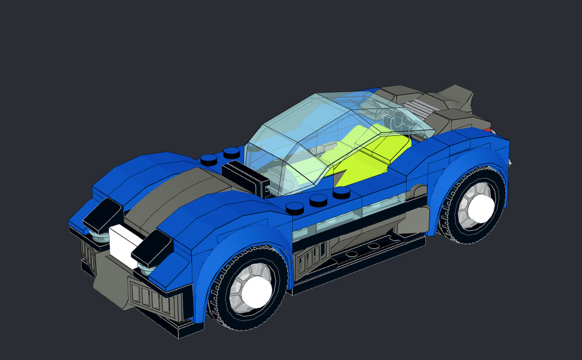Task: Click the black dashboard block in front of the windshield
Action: tap(245, 175)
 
